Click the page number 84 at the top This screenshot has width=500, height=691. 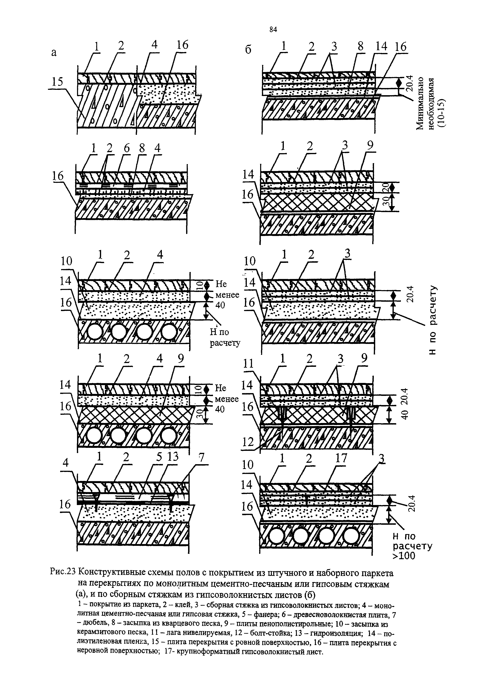pos(273,29)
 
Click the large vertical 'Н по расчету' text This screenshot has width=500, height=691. pos(433,320)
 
